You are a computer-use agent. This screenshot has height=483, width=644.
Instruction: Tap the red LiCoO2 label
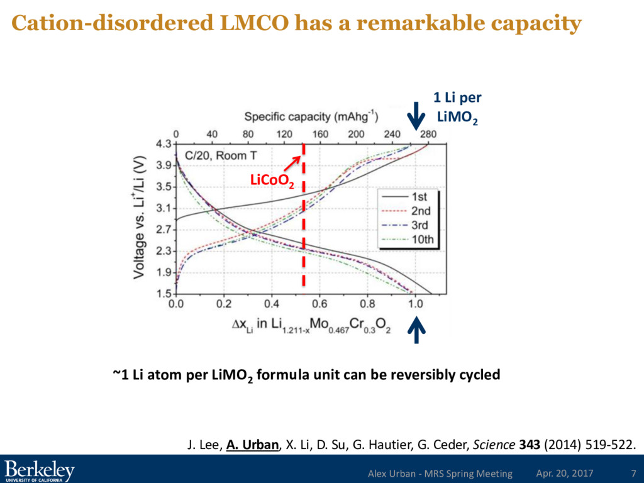(x=272, y=181)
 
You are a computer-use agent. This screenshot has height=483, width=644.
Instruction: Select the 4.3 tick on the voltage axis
(x=164, y=144)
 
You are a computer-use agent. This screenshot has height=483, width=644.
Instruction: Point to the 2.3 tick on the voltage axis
(x=164, y=251)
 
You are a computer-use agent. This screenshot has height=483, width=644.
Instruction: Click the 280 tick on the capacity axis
(x=428, y=134)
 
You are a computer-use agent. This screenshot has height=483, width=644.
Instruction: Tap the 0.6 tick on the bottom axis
(x=319, y=303)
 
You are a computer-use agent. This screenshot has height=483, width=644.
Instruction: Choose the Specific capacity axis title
(x=306, y=116)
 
